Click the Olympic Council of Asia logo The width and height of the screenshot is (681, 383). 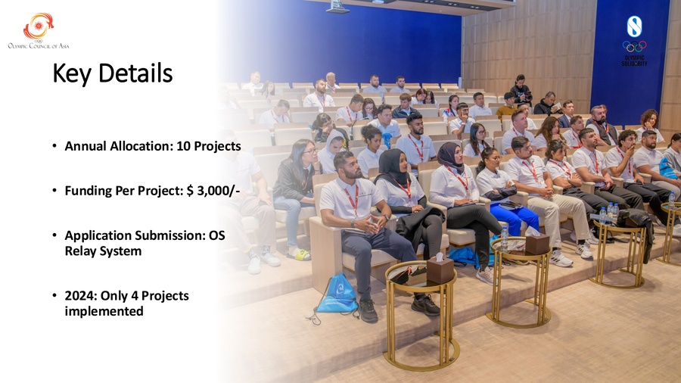point(39,30)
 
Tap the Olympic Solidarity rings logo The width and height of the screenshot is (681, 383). point(634,46)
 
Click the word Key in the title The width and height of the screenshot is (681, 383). point(72,73)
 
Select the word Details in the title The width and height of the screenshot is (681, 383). point(135,73)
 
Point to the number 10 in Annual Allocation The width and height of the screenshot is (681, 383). point(183,146)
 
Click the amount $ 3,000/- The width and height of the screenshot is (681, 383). point(213,191)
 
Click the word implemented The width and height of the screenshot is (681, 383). point(104,311)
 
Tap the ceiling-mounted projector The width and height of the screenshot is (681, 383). point(337,7)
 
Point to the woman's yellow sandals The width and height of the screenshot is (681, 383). point(298,254)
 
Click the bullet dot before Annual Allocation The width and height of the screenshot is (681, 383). point(54,146)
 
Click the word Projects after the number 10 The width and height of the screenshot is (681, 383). point(217,146)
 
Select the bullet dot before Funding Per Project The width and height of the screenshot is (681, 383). point(54,191)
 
